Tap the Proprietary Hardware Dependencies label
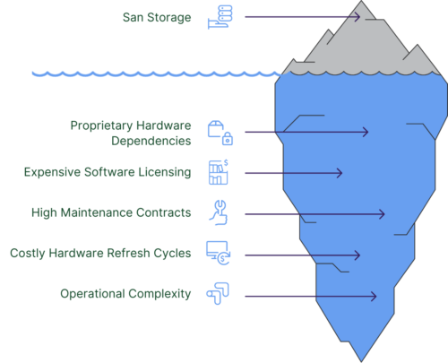[131, 133]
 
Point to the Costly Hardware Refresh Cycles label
[100, 253]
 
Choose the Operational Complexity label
[125, 294]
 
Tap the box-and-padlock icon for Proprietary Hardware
[220, 133]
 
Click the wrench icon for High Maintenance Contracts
[218, 212]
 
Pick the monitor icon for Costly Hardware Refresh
[218, 253]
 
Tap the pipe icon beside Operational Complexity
[218, 294]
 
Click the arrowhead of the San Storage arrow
[356, 17]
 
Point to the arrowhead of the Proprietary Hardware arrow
[365, 133]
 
